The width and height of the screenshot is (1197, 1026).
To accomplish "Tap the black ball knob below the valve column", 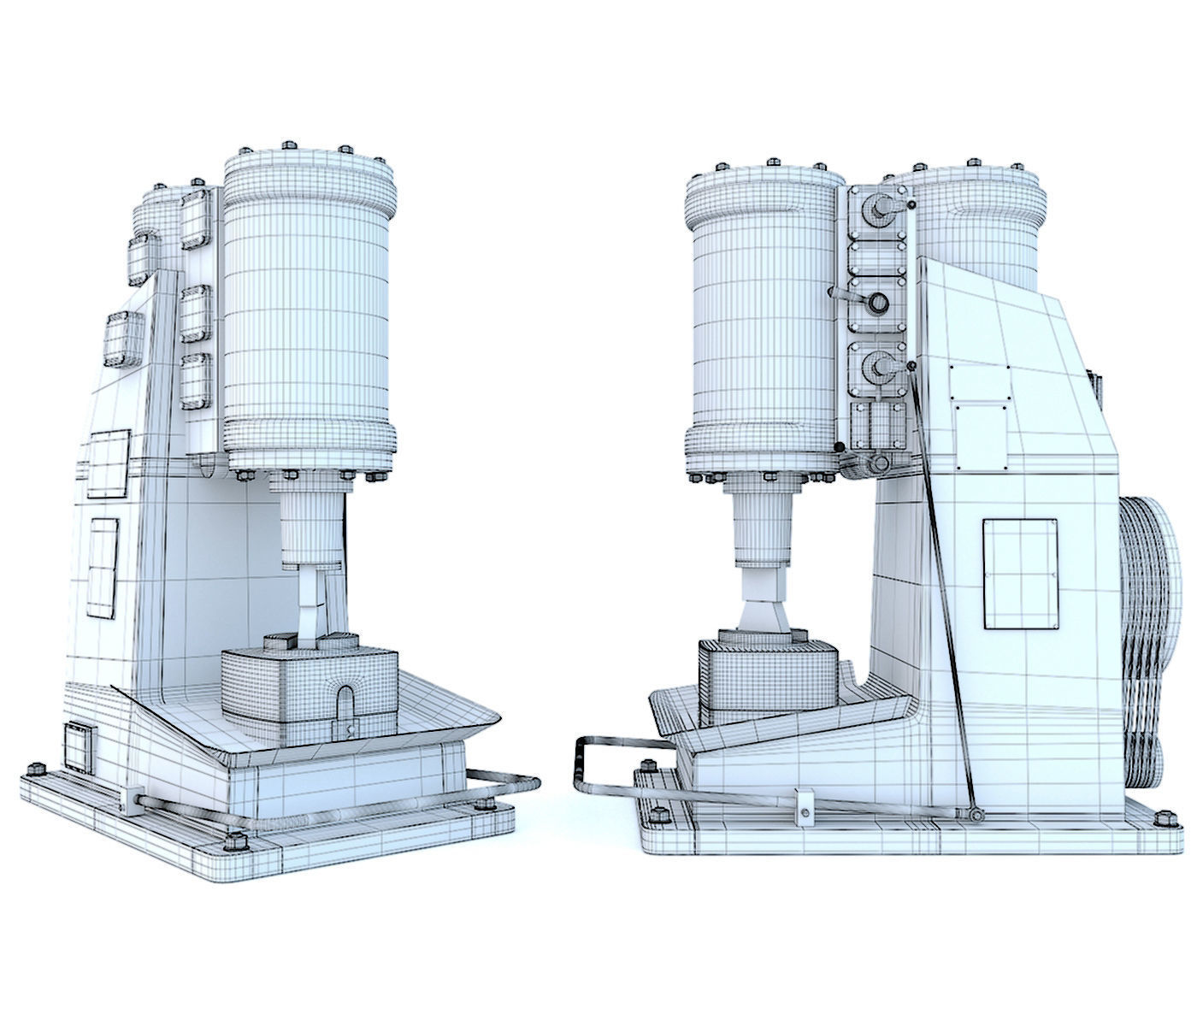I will coord(840,446).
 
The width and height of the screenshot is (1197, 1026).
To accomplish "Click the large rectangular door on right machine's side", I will coord(1021,572).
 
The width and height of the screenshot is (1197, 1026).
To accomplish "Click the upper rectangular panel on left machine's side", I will coord(108,463).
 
